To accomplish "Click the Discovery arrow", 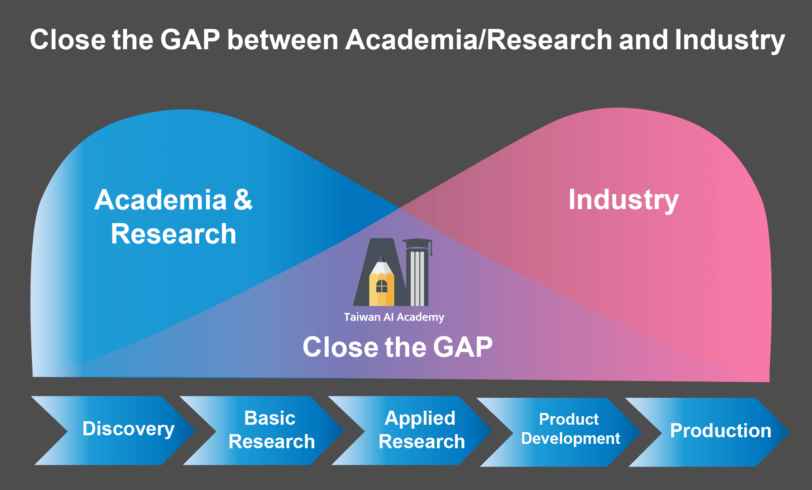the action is [x=113, y=430].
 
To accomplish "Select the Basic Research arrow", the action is [x=262, y=430].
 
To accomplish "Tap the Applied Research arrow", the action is [x=410, y=430].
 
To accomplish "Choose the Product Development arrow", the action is [x=559, y=432].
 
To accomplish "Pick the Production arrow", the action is [x=707, y=432].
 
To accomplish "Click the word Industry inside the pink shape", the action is [x=624, y=200].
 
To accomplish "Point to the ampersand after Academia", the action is [x=243, y=199].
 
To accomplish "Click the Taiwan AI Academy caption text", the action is [x=394, y=317].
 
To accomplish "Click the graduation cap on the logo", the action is [x=417, y=244].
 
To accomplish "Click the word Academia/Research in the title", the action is [x=479, y=40].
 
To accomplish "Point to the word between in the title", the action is [x=283, y=40].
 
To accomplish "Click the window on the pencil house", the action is [x=381, y=286].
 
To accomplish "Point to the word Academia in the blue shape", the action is [x=161, y=200].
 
